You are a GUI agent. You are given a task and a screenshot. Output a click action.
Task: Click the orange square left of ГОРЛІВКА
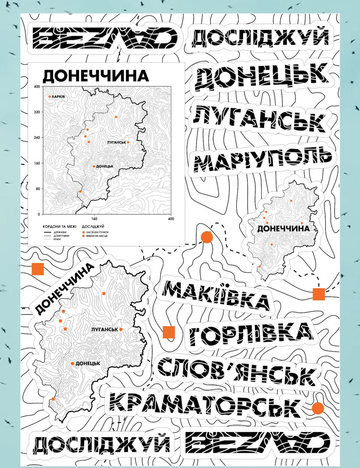coord(169,332)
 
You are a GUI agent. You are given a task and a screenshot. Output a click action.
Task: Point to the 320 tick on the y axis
coord(37,112)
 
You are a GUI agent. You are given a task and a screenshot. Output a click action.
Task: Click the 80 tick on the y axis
coord(37,189)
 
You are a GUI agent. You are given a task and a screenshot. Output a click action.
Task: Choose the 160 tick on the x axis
coord(94,219)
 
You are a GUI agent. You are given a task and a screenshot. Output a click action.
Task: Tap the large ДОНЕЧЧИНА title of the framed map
coord(96,76)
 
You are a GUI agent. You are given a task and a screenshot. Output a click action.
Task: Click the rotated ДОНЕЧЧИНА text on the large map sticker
coord(64,288)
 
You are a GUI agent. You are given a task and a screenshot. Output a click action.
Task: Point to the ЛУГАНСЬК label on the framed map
coord(116,142)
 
